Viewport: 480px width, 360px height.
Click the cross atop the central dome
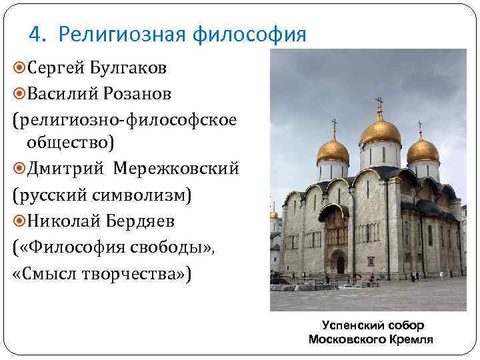point(380,105)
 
